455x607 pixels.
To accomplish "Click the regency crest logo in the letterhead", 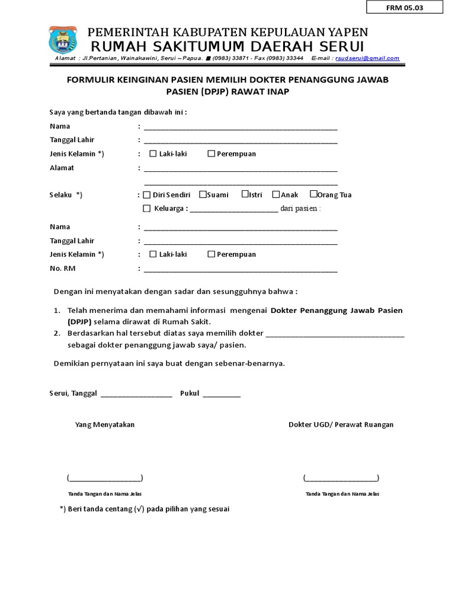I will (62, 40).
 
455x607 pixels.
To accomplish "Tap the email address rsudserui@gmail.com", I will (367, 59).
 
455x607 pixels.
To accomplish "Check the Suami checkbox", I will (203, 194).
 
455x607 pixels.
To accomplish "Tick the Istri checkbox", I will (245, 194).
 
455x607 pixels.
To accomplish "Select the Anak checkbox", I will (276, 194).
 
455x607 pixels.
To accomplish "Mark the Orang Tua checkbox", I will (313, 194).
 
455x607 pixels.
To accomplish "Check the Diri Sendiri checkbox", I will (147, 195).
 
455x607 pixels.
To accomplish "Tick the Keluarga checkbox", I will (147, 208).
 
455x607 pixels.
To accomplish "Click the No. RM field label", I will (62, 269).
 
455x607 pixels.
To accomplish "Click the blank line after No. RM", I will (241, 271).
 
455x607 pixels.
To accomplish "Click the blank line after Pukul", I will (222, 395).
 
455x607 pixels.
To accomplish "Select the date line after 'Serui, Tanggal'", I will (136, 395).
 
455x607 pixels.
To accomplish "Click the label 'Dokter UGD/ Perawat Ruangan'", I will (341, 424).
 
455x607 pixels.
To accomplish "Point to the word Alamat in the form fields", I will (62, 168).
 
